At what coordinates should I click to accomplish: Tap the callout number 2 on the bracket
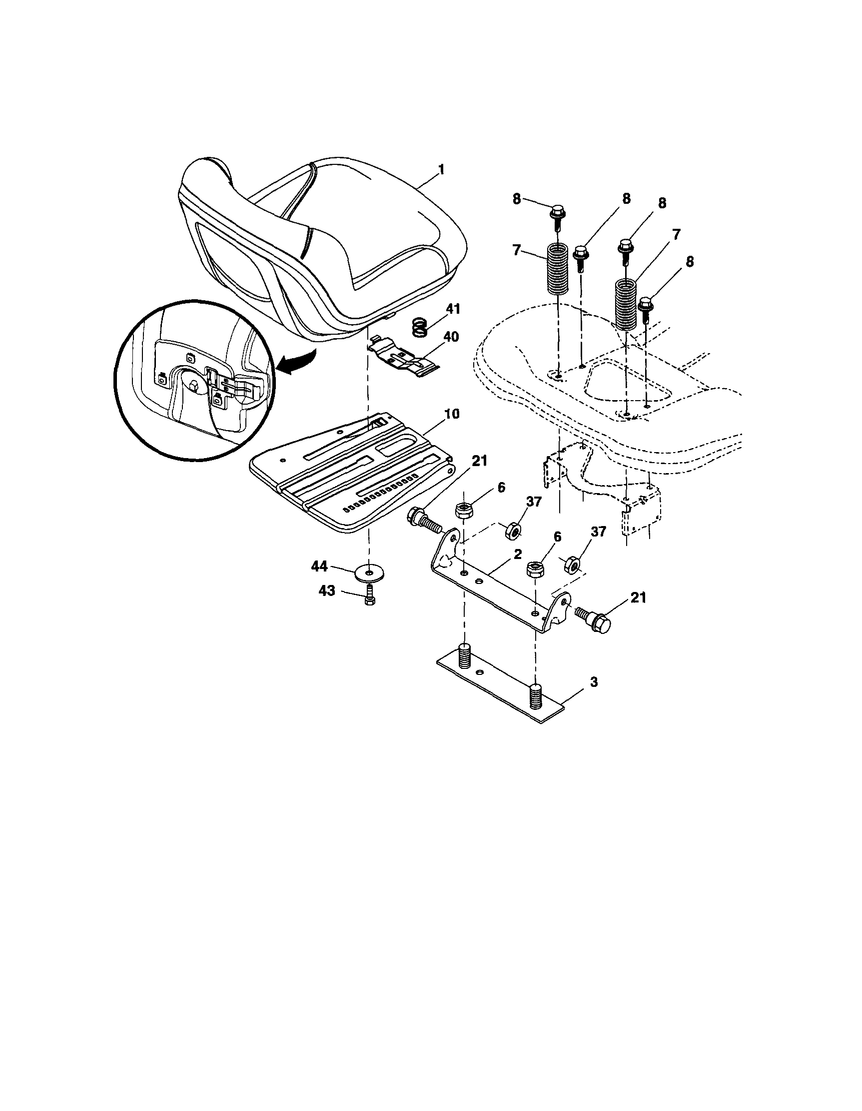(x=518, y=555)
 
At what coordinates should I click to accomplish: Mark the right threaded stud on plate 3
(x=536, y=695)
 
